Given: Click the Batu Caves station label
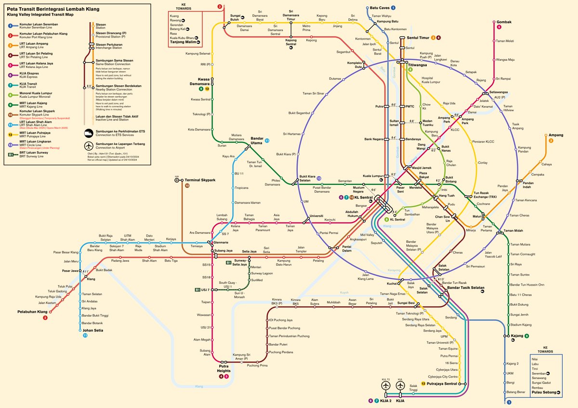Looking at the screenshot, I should pyautogui.click(x=380, y=8).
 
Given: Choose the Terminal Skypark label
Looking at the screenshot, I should pyautogui.click(x=199, y=180).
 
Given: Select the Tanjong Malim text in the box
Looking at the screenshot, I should pyautogui.click(x=183, y=42).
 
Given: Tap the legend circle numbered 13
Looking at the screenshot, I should pyautogui.click(x=11, y=145).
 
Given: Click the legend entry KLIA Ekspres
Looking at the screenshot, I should pyautogui.click(x=28, y=73).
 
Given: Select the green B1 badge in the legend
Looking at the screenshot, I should pyautogui.click(x=11, y=155).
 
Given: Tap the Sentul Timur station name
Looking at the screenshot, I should pyautogui.click(x=418, y=37).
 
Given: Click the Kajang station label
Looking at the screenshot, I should pyautogui.click(x=516, y=336).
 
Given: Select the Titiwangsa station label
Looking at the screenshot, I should pyautogui.click(x=418, y=65).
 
